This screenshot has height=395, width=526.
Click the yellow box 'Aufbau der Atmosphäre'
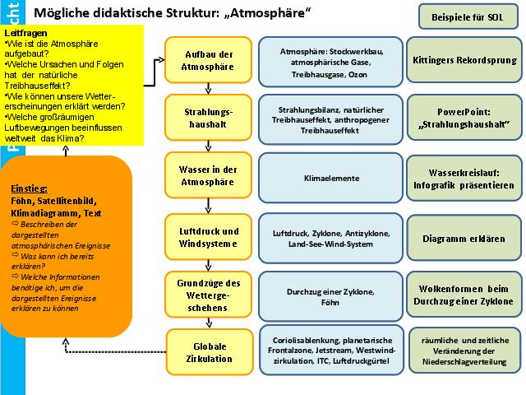(201, 59)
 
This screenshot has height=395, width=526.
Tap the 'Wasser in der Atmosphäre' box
(201, 176)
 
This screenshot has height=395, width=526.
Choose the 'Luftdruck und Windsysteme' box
(201, 237)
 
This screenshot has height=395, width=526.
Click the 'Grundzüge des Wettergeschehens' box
(201, 295)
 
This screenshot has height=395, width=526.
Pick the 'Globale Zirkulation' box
(201, 351)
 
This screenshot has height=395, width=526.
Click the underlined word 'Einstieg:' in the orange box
(29, 188)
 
